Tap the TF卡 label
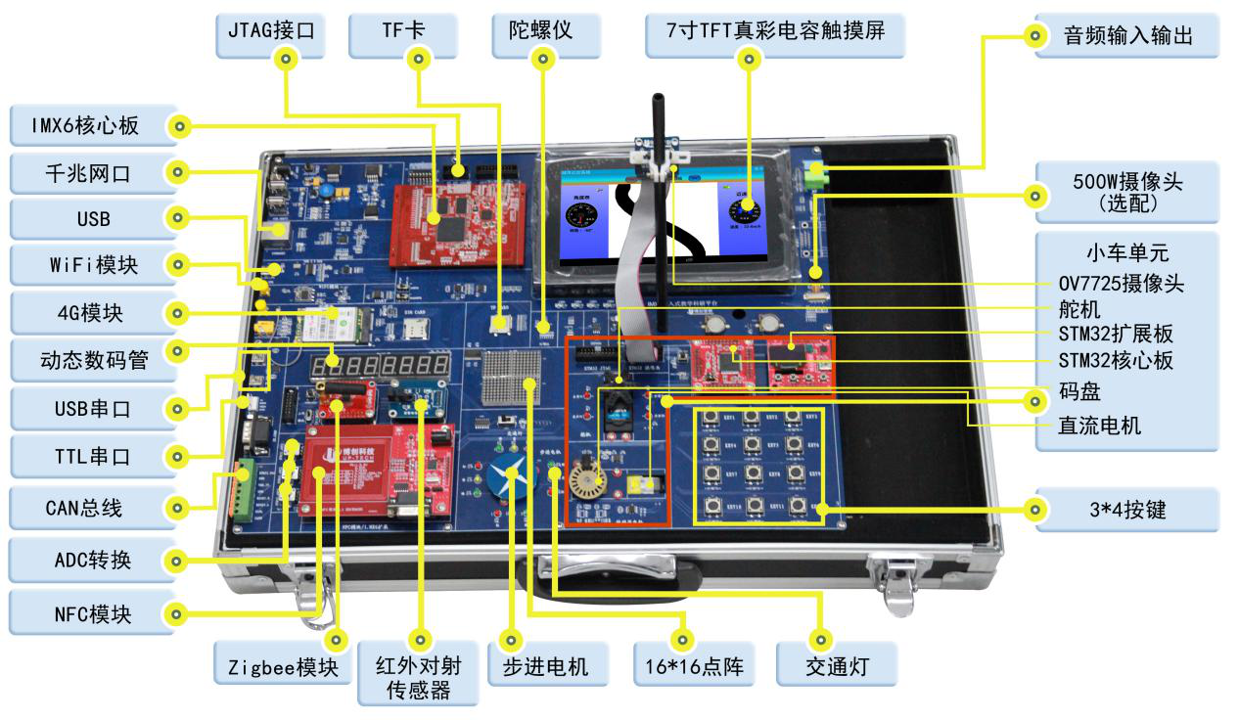tap(402, 31)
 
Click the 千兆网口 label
tap(88, 173)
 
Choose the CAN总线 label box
tap(84, 508)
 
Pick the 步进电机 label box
tap(544, 667)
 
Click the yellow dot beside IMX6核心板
tap(178, 125)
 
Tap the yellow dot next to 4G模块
tap(178, 314)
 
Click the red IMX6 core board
tap(461, 216)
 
